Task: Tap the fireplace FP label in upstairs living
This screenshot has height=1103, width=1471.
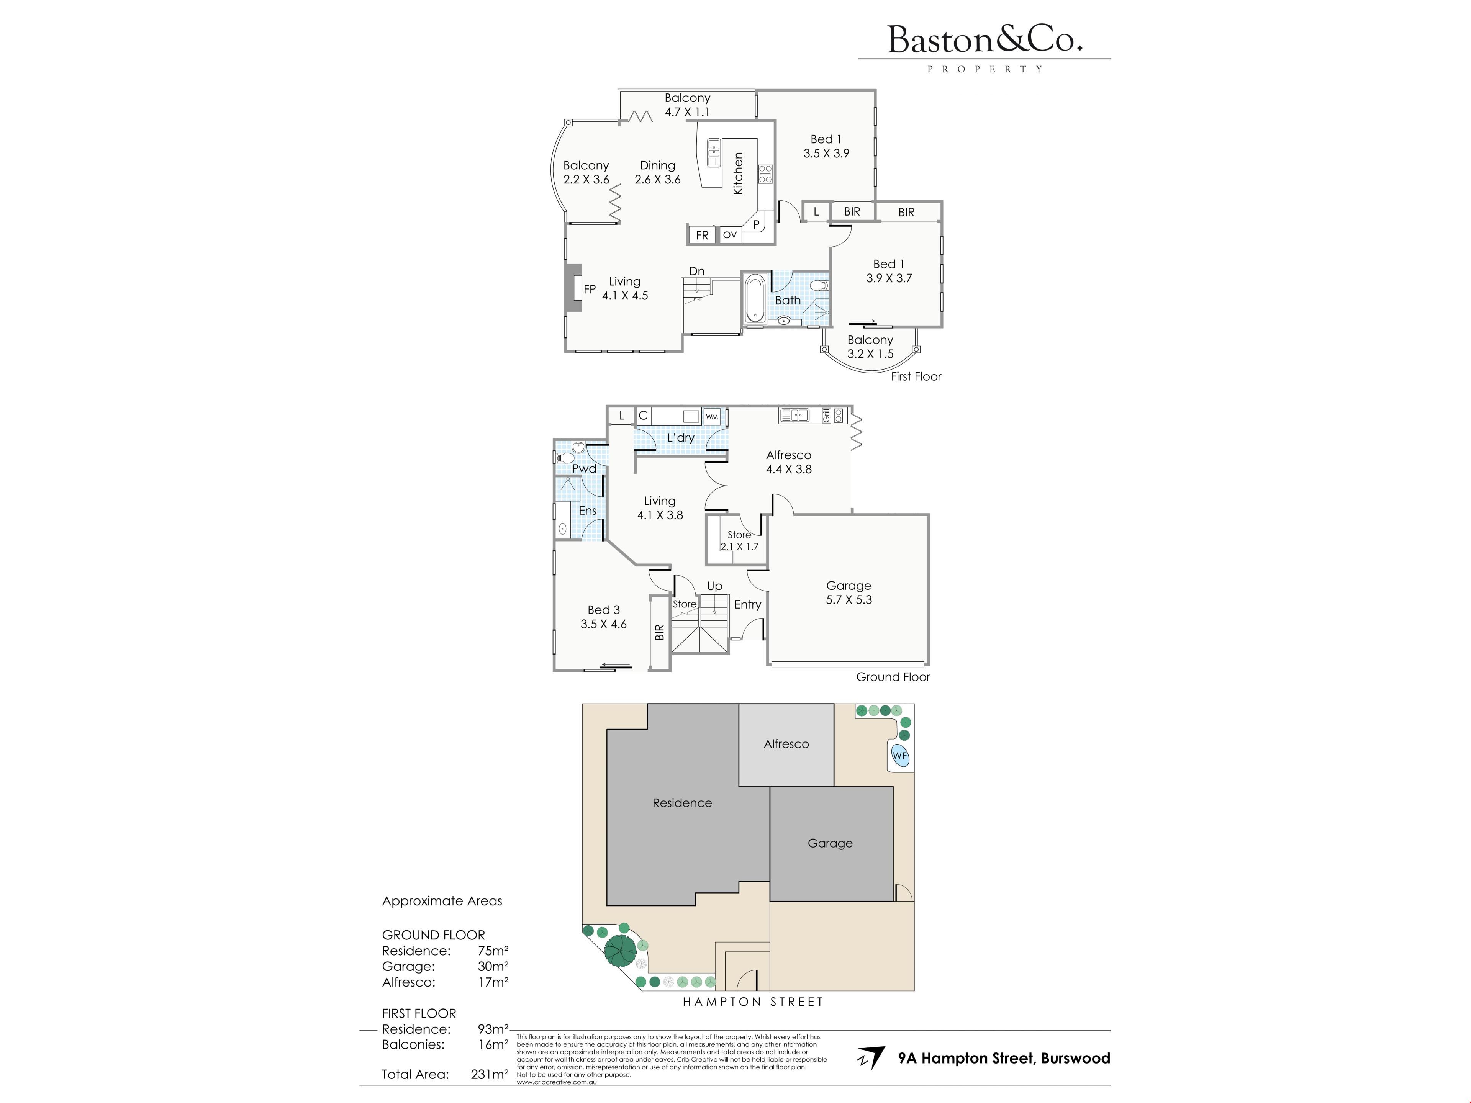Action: [x=589, y=289]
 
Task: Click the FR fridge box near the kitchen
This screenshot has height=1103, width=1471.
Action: [x=702, y=235]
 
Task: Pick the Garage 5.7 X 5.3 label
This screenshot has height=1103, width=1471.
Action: [x=849, y=592]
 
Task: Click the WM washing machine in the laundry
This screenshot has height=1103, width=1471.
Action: [x=712, y=417]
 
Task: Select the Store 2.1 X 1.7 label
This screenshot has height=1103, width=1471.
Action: [x=739, y=540]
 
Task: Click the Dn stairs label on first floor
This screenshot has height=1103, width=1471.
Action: [x=696, y=271]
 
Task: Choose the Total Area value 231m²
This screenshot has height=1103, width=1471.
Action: [x=490, y=1074]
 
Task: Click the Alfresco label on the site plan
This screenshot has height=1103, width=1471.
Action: [x=786, y=744]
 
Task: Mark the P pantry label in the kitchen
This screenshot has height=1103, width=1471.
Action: [x=756, y=225]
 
